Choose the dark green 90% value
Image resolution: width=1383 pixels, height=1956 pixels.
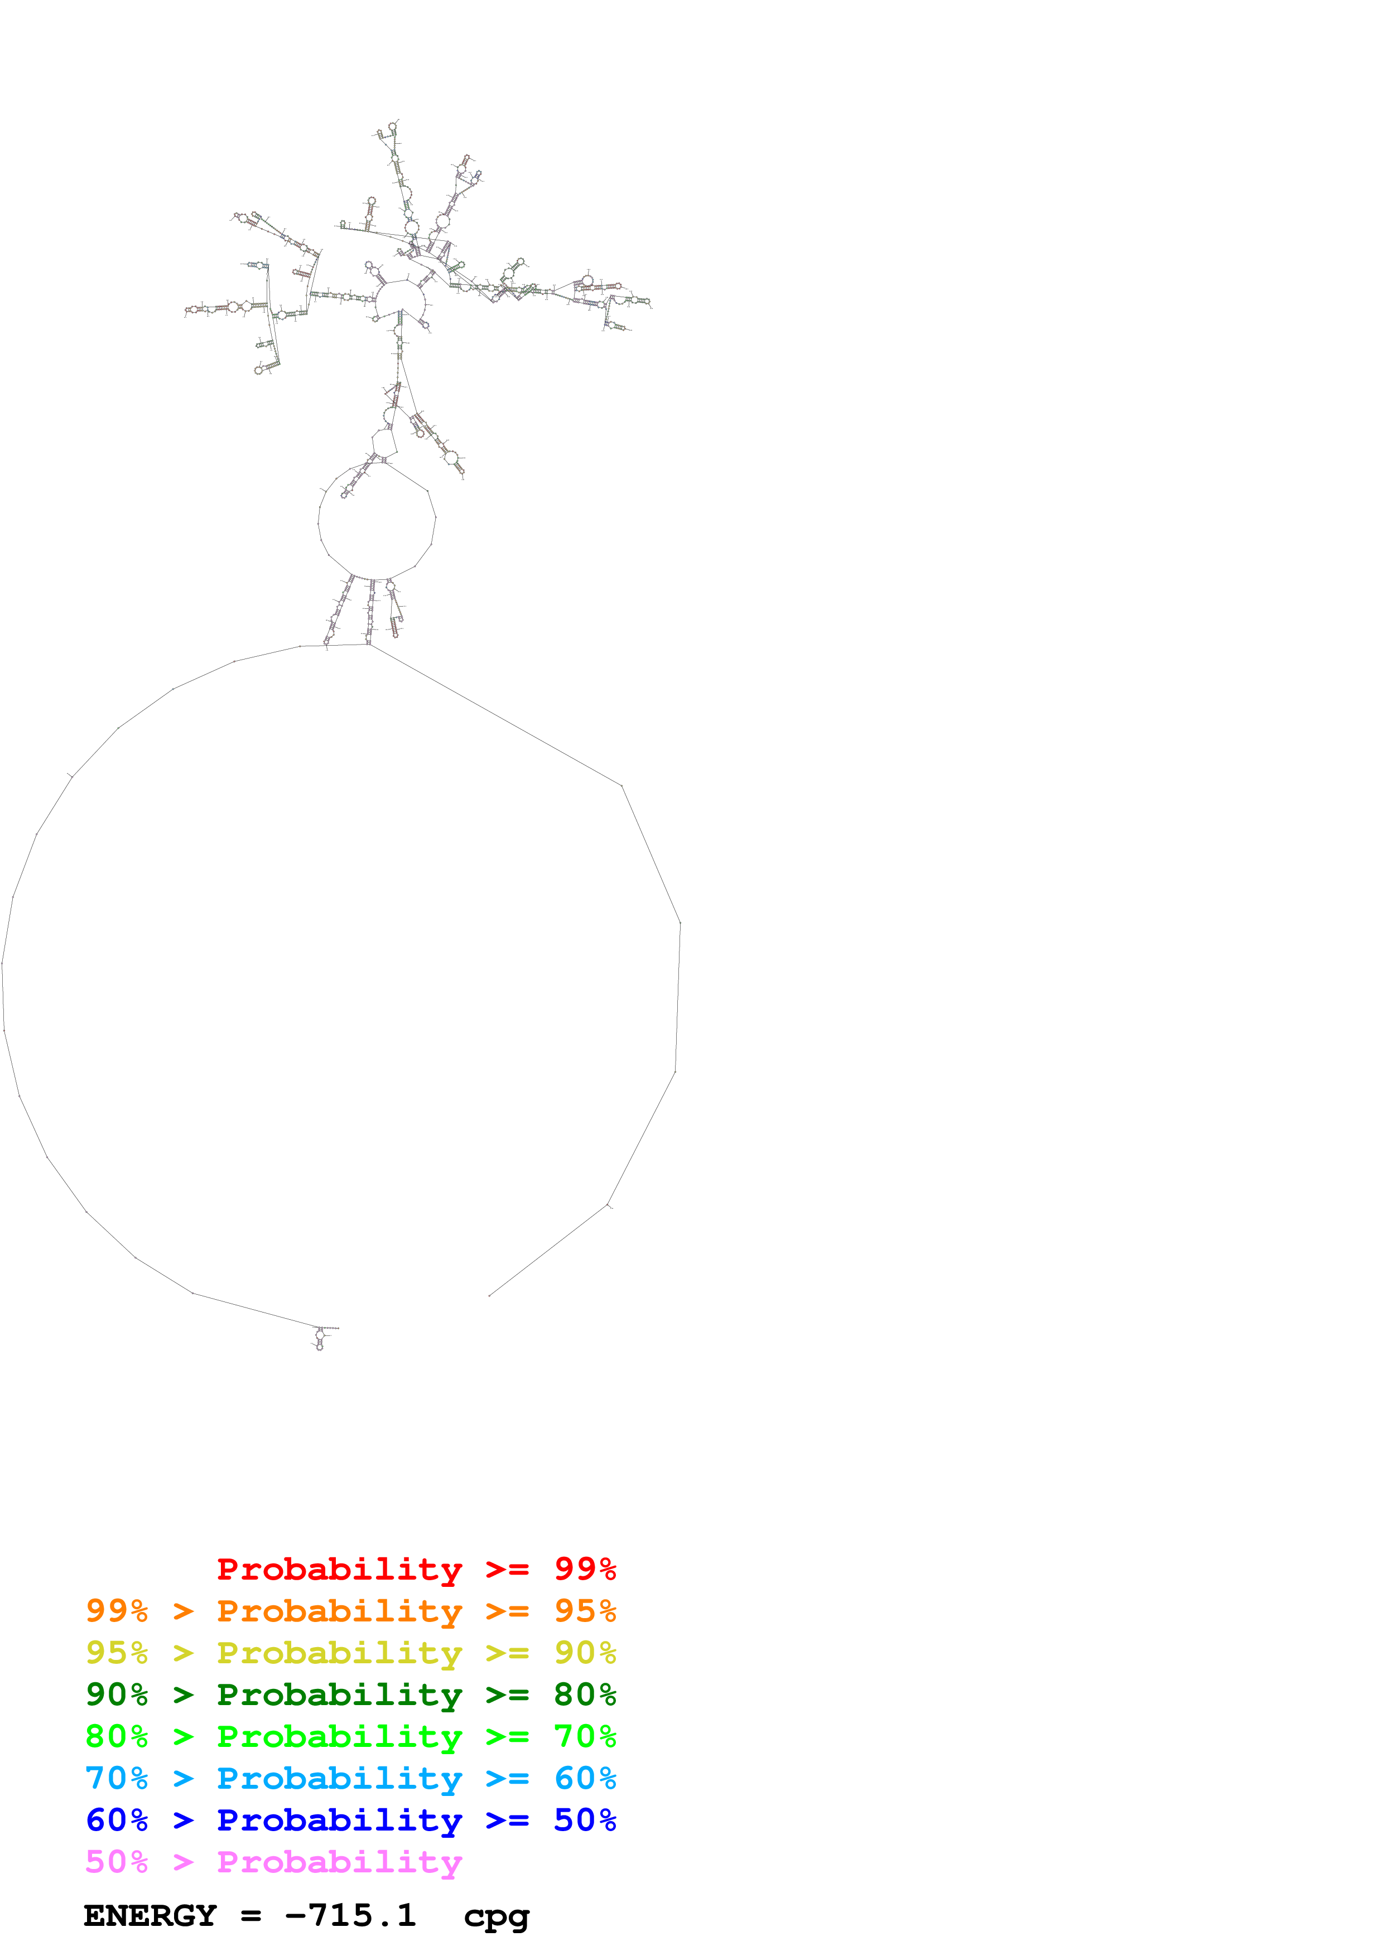117,1695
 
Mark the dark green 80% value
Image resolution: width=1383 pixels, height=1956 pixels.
585,1695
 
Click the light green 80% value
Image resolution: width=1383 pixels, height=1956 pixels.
117,1737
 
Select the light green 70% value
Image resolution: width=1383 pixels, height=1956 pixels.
585,1737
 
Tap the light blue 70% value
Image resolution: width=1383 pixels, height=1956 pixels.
117,1779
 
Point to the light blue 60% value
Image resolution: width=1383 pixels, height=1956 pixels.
585,1779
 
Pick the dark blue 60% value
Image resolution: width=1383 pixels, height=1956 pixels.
117,1821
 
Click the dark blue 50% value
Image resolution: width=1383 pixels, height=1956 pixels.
585,1821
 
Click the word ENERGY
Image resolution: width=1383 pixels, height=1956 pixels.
150,1916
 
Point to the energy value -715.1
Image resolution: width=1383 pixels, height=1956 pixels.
350,1916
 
